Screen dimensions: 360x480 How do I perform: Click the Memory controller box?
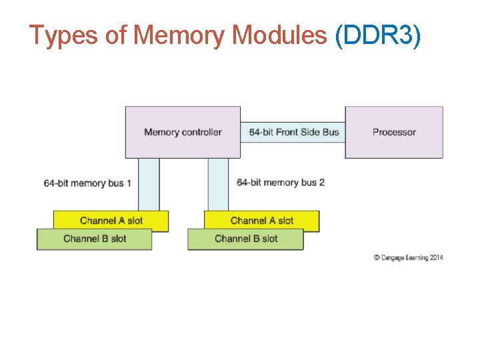(183, 132)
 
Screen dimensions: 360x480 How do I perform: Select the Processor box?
(393, 132)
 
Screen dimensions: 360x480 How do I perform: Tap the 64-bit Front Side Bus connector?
(293, 132)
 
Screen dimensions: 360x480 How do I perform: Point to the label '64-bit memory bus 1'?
(87, 183)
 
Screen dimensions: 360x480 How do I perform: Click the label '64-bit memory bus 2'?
(280, 182)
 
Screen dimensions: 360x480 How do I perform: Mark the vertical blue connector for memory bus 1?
(149, 184)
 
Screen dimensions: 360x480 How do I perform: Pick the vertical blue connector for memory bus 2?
(218, 184)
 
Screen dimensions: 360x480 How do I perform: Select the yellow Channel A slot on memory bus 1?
(111, 221)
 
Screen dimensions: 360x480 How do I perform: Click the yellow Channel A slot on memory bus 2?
(261, 221)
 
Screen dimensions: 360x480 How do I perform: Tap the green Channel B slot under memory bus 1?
(94, 239)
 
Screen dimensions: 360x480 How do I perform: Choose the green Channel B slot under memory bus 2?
(245, 239)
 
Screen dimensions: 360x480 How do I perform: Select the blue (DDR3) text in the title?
(378, 35)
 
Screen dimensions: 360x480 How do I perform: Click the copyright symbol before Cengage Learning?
(377, 257)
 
